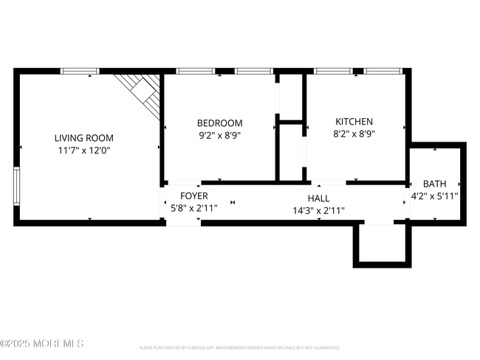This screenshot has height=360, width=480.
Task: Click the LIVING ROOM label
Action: point(84,137)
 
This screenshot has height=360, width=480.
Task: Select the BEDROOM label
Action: point(219,123)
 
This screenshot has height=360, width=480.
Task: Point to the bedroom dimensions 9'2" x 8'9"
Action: point(219,135)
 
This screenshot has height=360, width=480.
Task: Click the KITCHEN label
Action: point(354,122)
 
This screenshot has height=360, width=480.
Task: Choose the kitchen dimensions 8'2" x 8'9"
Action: point(354,134)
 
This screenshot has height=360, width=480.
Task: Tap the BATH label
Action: point(435,184)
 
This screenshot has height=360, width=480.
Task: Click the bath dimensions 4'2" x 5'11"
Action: point(435,195)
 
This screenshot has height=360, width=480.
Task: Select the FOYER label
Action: point(195,195)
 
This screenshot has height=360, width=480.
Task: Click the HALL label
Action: point(318,198)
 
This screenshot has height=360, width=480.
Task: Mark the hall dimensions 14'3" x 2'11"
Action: point(318,210)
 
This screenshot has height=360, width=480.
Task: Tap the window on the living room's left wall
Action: point(16,185)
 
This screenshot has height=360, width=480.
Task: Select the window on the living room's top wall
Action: point(80,72)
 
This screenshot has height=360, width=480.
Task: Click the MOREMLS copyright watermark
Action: point(42,343)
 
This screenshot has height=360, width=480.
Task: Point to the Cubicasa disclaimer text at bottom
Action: point(239,347)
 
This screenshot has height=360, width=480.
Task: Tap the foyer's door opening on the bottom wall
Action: point(182,222)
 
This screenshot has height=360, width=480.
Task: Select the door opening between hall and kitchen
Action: point(328,182)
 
